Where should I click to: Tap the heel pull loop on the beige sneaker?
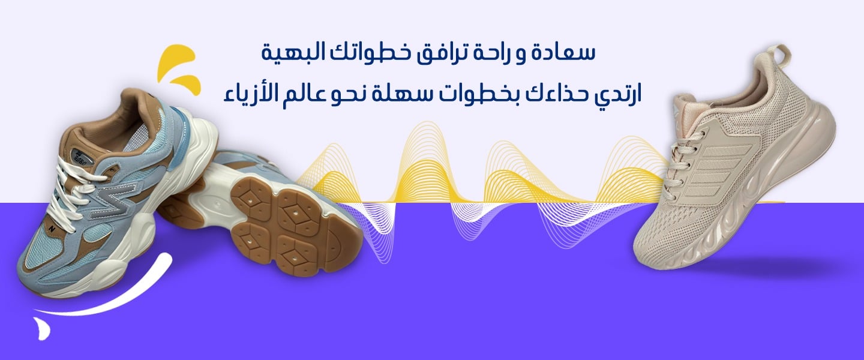[x=781, y=55]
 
